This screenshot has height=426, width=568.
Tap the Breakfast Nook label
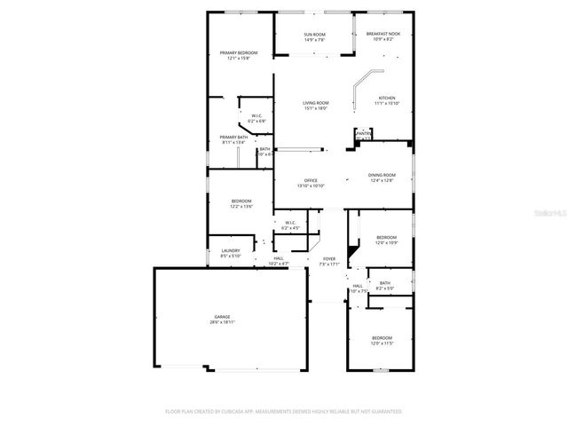[x=383, y=34]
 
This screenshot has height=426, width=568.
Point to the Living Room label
[x=316, y=104]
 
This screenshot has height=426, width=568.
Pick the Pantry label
[x=364, y=134]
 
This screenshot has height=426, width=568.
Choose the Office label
[x=311, y=181]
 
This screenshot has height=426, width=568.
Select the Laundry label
[x=230, y=251]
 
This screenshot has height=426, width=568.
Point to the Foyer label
[x=328, y=259]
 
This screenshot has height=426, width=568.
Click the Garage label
[x=222, y=317]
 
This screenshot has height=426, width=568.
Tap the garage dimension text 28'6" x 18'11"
[x=222, y=322]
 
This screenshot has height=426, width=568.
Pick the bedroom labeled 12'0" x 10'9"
[x=386, y=237]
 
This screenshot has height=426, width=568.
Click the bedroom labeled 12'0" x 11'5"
[x=382, y=338]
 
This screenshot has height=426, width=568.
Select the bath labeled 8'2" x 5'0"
[x=384, y=283]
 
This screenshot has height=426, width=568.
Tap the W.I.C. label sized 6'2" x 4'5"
[x=290, y=223]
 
